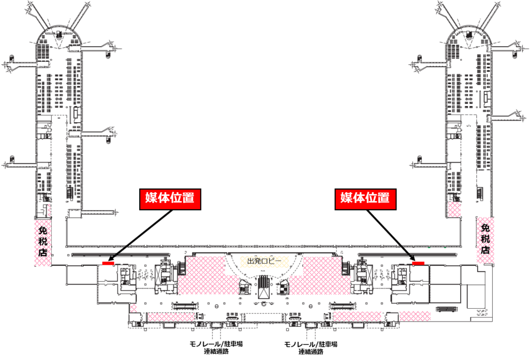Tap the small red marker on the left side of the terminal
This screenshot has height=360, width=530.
pos(108,264)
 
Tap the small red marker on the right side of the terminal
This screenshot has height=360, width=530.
pos(418,264)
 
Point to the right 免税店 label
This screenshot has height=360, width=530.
pos(485,238)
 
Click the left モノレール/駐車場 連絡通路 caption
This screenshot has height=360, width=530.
pos(216,348)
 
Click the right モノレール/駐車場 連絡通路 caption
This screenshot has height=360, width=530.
pos(311,348)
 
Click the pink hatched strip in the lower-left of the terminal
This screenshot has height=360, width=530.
pos(176,316)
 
